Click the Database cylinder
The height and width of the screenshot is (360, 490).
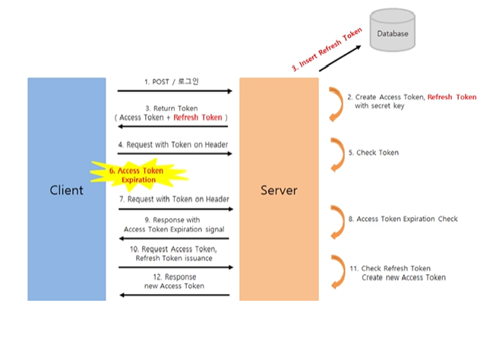pyautogui.click(x=392, y=30)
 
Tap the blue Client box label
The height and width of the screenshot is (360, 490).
pyautogui.click(x=67, y=190)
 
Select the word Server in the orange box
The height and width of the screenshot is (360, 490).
pyautogui.click(x=279, y=190)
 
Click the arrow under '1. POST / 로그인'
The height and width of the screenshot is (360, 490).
pyautogui.click(x=175, y=91)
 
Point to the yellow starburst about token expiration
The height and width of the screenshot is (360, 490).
pyautogui.click(x=139, y=175)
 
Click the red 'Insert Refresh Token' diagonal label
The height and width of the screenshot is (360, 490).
pyautogui.click(x=327, y=49)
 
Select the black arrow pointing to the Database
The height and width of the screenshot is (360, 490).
pyautogui.click(x=340, y=58)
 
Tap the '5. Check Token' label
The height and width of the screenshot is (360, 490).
pyautogui.click(x=374, y=153)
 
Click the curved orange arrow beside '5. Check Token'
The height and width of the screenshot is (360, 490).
pyautogui.click(x=338, y=155)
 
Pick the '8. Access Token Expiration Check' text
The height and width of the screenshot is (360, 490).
pyautogui.click(x=403, y=219)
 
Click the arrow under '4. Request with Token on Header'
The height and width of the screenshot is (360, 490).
pyautogui.click(x=175, y=153)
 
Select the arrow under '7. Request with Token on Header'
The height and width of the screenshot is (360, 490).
pyautogui.click(x=176, y=209)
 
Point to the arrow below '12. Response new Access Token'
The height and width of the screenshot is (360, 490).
pyautogui.click(x=175, y=295)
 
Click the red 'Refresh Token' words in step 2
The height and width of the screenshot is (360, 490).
pyautogui.click(x=452, y=97)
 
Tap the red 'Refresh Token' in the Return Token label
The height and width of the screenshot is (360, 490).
pyautogui.click(x=198, y=118)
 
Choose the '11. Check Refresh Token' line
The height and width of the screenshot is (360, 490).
pyautogui.click(x=390, y=268)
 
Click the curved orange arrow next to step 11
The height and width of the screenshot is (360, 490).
pyautogui.click(x=339, y=272)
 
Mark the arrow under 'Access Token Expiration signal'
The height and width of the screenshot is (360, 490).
pyautogui.click(x=175, y=238)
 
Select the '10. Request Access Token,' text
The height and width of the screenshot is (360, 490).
pyautogui.click(x=173, y=249)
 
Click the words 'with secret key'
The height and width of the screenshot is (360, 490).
pyautogui.click(x=379, y=106)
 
